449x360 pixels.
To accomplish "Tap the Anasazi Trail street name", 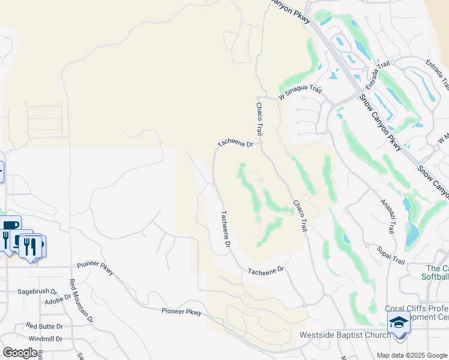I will click(x=388, y=216).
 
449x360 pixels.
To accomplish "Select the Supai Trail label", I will click(x=391, y=254).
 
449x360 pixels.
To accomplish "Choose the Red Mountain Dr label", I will click(x=81, y=301).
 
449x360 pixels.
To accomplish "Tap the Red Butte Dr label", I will click(x=44, y=326).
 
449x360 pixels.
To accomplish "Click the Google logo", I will click(x=20, y=353).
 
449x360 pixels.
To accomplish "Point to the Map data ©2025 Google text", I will click(x=411, y=355).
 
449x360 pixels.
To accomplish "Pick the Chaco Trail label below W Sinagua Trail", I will click(x=259, y=118).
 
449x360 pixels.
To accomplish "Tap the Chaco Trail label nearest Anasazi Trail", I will click(x=299, y=216).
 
